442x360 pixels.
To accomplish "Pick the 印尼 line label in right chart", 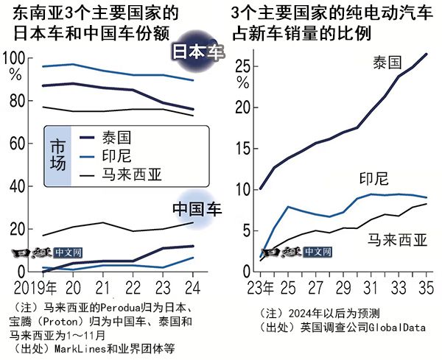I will pyautogui.click(x=373, y=179).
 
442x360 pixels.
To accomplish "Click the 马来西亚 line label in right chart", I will pyautogui.click(x=398, y=239).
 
